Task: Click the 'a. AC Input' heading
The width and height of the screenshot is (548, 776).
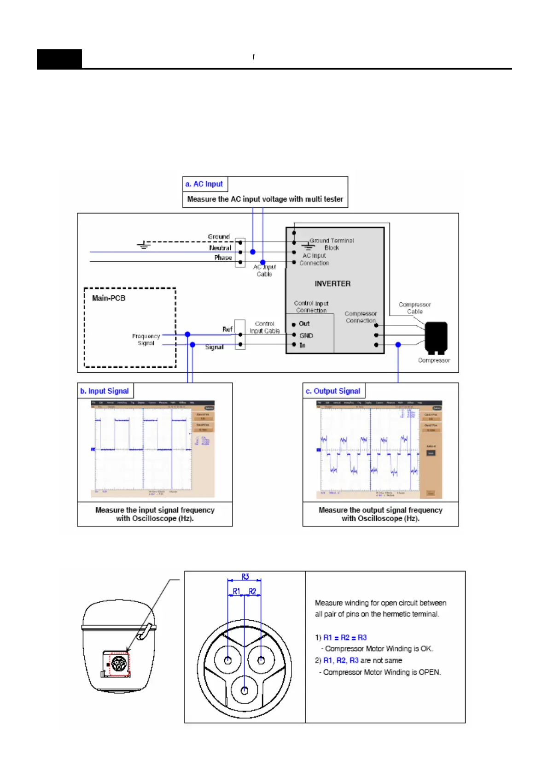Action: [204, 184]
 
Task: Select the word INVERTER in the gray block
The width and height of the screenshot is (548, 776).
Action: [332, 284]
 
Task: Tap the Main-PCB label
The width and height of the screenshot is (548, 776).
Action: [109, 298]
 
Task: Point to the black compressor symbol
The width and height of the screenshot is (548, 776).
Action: [436, 337]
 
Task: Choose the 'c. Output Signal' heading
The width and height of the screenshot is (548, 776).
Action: [332, 391]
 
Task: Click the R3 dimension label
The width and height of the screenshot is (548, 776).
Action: [245, 576]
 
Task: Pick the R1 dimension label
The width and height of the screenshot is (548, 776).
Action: [236, 591]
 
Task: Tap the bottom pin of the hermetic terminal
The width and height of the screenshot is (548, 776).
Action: [245, 690]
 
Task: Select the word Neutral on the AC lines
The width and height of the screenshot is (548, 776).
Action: [220, 248]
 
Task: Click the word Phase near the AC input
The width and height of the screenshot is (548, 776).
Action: [223, 258]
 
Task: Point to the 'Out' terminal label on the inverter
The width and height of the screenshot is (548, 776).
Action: [304, 323]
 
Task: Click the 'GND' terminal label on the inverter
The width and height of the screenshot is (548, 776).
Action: [306, 335]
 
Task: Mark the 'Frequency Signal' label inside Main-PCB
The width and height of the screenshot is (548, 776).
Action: [146, 340]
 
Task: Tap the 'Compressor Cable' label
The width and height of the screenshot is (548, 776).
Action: [415, 308]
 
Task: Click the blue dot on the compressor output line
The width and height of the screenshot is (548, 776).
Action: [398, 345]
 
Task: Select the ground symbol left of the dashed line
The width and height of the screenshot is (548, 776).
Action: [144, 245]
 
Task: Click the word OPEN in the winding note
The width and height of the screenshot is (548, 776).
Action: [429, 672]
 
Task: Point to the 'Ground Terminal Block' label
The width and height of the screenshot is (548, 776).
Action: [332, 244]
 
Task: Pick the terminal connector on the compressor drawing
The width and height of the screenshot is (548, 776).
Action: [118, 664]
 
